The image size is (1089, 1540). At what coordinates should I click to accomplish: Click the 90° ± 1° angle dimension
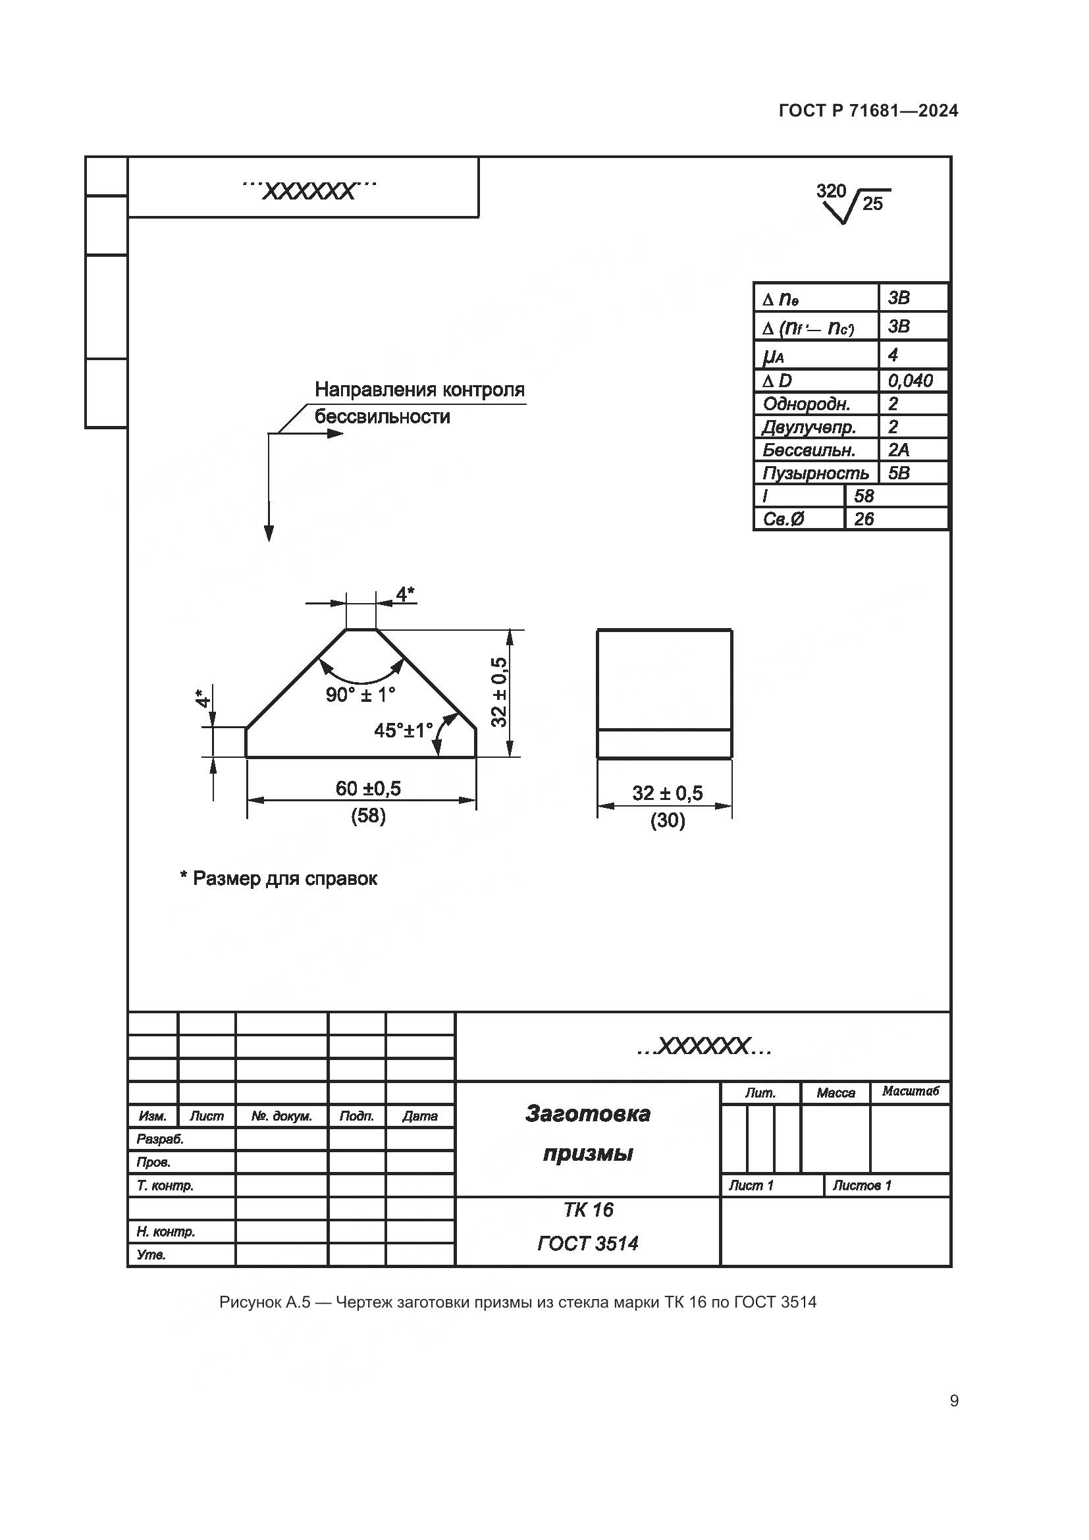361,695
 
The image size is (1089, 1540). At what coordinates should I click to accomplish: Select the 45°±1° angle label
403,730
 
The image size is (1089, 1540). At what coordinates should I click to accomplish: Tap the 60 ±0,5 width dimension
368,788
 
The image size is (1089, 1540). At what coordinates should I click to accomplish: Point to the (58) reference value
368,816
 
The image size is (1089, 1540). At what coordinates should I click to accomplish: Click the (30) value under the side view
667,820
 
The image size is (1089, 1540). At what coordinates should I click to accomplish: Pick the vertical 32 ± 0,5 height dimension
499,691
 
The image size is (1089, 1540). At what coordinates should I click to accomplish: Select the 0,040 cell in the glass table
910,381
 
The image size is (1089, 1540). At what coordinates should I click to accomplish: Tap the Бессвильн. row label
809,450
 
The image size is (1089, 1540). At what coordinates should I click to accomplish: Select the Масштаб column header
910,1091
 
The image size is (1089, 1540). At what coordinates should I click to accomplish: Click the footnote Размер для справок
279,879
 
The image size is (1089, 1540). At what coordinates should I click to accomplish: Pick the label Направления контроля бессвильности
419,402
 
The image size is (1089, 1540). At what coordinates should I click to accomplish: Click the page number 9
954,1401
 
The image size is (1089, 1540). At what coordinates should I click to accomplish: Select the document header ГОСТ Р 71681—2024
868,111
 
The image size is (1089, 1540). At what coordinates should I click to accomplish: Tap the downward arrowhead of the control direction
269,533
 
